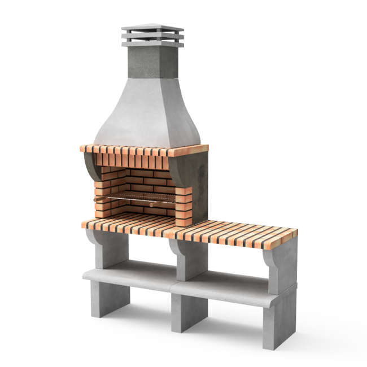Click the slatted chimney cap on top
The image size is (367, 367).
(152, 35)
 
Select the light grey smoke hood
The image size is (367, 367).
(148, 113)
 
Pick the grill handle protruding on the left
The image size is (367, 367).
(101, 199)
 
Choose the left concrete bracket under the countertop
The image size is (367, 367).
(102, 248)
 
